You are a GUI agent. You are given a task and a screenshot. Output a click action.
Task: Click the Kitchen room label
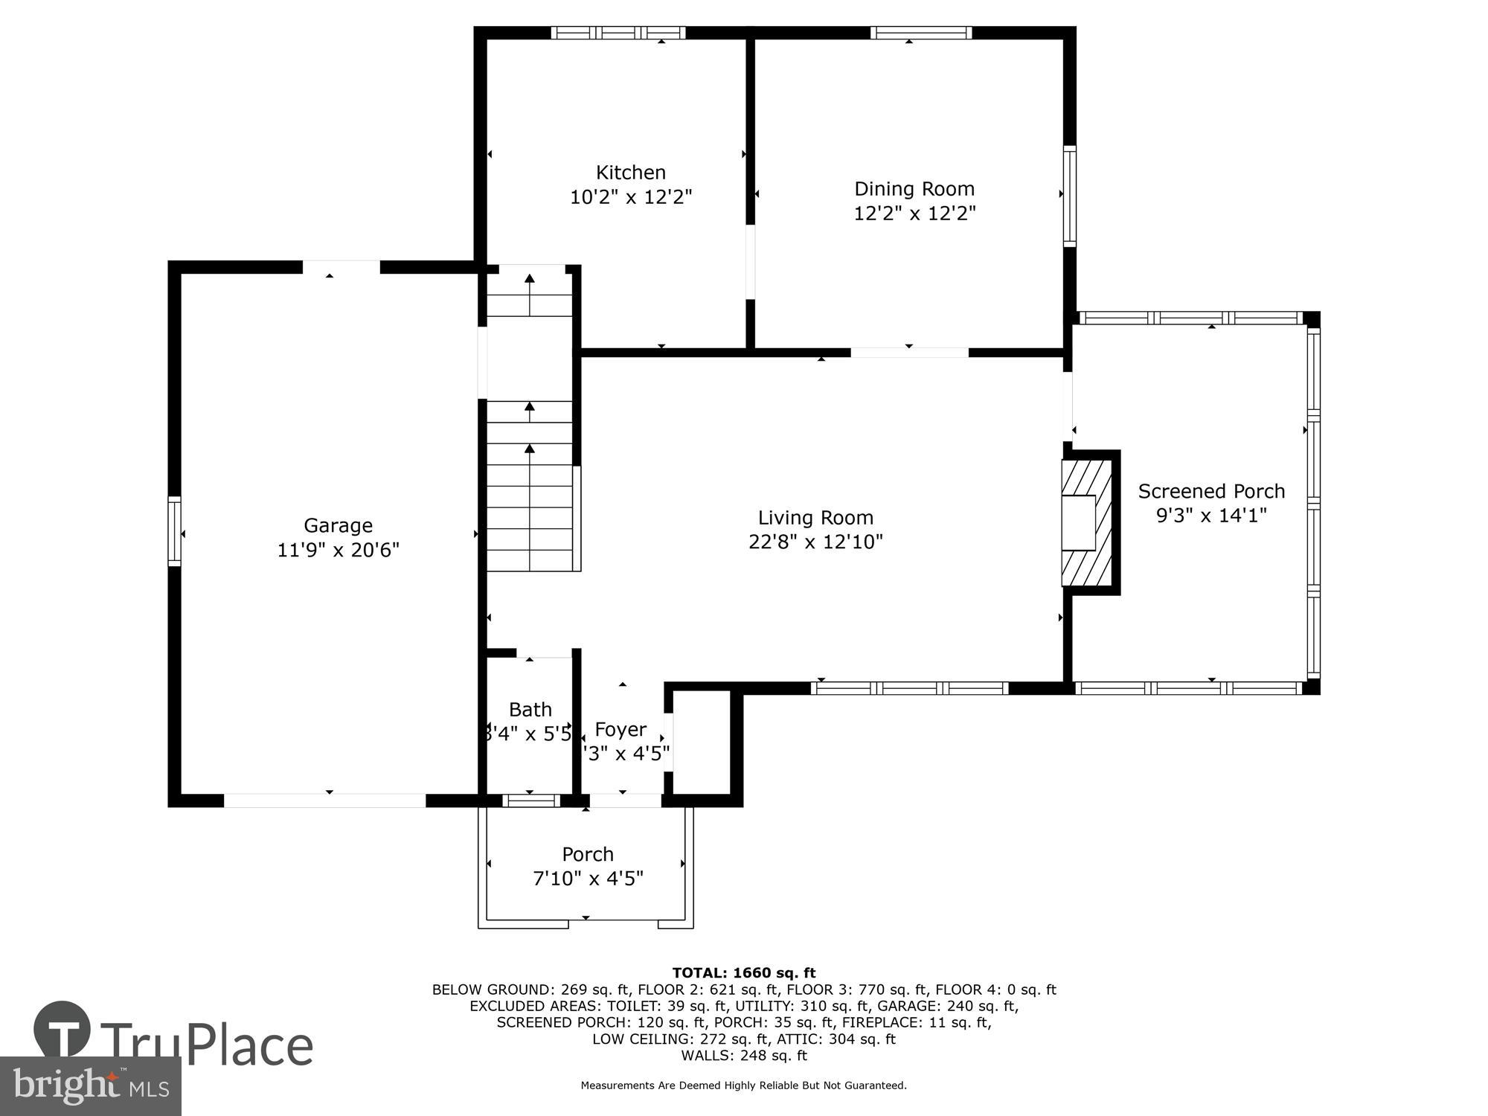click(630, 173)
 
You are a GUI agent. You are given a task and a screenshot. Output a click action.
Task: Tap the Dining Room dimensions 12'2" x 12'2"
click(914, 214)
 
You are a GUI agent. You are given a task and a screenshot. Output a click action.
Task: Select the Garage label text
click(338, 525)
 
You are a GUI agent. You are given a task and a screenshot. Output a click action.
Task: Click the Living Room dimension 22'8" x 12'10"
click(815, 542)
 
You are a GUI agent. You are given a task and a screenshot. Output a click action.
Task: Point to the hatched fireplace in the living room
click(1087, 524)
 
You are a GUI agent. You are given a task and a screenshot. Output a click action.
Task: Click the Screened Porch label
click(1211, 491)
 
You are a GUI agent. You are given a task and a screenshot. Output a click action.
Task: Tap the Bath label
click(530, 709)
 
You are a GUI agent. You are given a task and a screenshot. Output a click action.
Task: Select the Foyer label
click(620, 729)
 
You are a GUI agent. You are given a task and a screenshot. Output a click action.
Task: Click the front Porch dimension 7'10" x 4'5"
click(588, 879)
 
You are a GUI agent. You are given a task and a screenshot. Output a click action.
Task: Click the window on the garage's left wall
click(175, 530)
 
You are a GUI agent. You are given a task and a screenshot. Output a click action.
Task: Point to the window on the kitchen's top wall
click(618, 33)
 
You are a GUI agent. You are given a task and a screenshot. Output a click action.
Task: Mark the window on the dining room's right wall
click(1069, 196)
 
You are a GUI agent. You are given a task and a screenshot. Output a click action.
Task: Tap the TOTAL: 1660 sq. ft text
click(744, 972)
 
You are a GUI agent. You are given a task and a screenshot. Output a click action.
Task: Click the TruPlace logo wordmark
click(207, 1045)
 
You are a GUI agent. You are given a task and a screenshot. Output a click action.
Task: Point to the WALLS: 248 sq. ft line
click(744, 1055)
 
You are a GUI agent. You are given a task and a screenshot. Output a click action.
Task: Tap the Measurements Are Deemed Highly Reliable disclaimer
click(744, 1085)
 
